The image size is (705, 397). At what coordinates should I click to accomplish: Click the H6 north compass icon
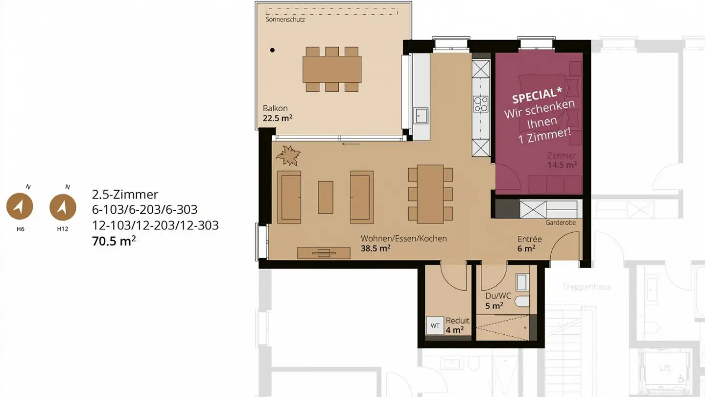coord(20,206)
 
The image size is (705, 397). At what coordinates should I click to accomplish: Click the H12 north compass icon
coord(63,206)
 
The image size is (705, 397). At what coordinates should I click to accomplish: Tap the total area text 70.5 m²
coord(114,241)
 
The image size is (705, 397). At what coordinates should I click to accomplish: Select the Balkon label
coord(275,108)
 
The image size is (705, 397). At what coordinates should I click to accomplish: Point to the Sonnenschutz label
coord(285,20)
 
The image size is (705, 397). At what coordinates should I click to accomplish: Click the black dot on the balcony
coord(273,50)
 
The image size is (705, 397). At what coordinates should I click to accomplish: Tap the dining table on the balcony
coord(332,69)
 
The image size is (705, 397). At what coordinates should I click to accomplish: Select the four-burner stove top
coord(480,104)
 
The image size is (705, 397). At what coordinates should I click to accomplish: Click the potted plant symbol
coord(288,155)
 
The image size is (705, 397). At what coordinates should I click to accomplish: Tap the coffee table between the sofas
coord(326,197)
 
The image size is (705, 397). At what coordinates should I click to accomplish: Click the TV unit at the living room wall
coord(324,253)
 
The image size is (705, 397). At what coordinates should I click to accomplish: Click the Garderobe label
coord(561,223)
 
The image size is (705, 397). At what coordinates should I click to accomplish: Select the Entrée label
coord(530,240)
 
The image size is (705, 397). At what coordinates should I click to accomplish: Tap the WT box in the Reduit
coord(435,325)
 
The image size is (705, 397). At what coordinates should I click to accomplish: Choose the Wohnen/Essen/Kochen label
coord(404,239)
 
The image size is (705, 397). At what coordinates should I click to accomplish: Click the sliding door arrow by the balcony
coord(351,144)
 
